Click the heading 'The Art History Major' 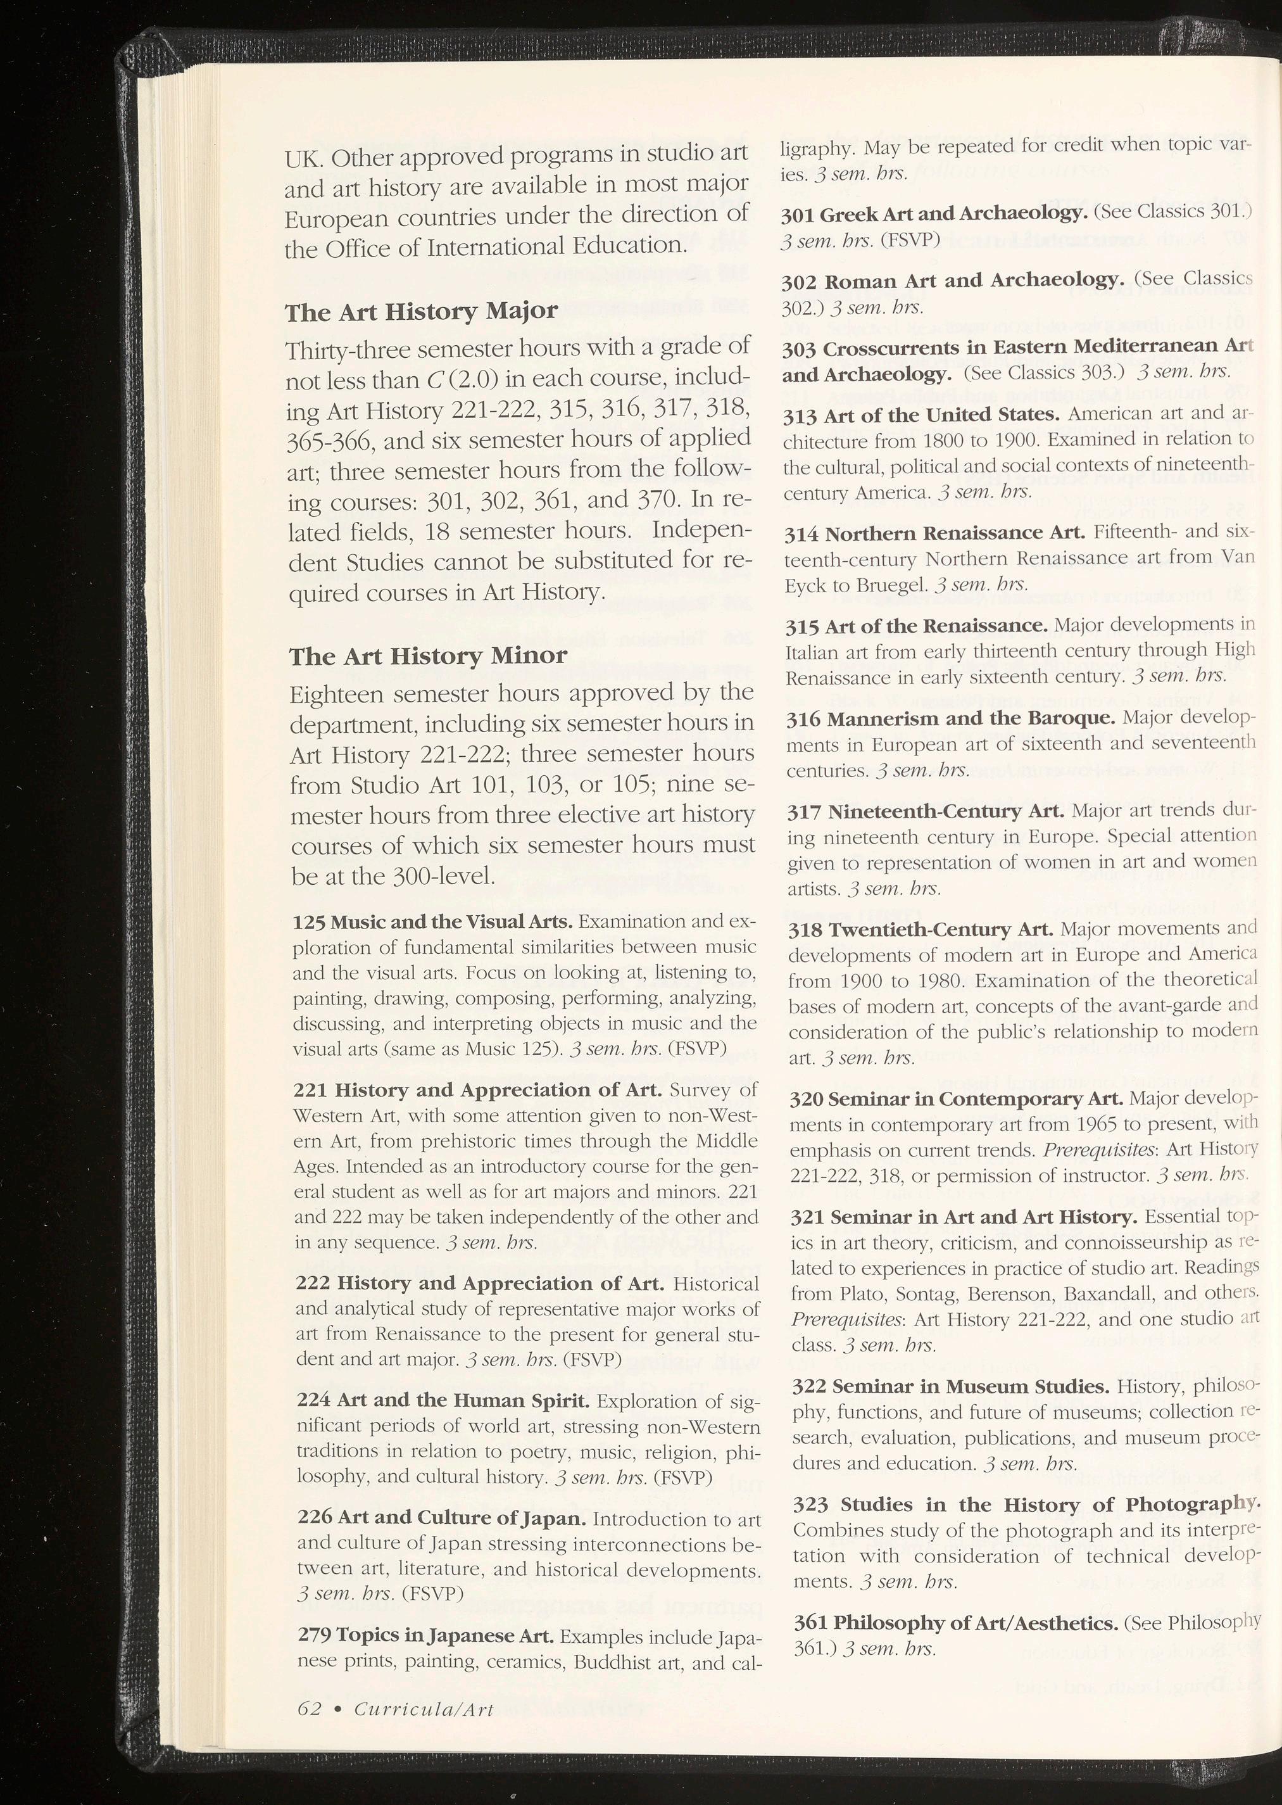(x=421, y=312)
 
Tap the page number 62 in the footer (x=310, y=1708)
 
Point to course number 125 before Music (x=309, y=922)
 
